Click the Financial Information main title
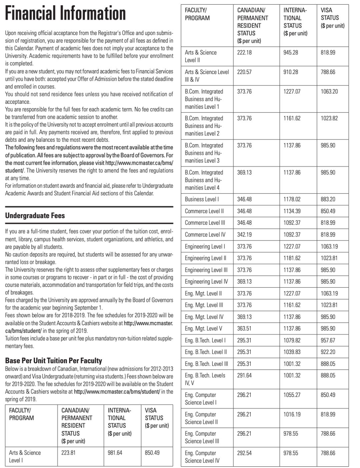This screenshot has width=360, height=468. click(65, 14)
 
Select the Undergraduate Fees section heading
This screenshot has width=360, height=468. click(35, 216)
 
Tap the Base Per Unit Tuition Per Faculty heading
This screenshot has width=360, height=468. click(54, 361)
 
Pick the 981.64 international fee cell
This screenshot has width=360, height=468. click(115, 453)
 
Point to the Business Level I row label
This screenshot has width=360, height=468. click(202, 199)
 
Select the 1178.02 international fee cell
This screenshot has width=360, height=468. click(292, 199)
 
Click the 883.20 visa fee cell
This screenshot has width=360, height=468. click(328, 199)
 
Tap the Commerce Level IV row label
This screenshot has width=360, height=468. click(205, 235)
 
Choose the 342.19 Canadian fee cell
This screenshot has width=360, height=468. click(244, 235)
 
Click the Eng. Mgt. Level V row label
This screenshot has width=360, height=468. click(203, 329)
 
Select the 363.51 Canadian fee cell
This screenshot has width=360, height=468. click(244, 329)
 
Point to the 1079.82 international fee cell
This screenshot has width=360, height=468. click(292, 340)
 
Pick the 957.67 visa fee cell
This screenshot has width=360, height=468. click(328, 340)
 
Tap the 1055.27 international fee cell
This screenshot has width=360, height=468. click(292, 395)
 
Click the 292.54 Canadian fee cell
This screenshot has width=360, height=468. click(244, 453)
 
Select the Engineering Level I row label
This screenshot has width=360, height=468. click(205, 247)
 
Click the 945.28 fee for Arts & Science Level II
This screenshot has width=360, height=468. click(291, 53)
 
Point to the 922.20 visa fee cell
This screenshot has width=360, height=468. click(328, 352)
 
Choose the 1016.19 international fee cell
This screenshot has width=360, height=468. click(292, 414)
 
